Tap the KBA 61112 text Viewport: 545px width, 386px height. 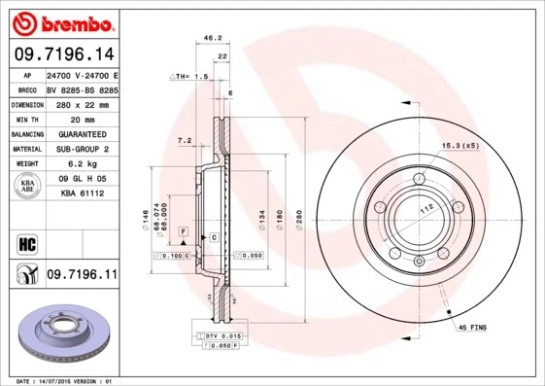82,194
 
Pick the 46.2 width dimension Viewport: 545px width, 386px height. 207,39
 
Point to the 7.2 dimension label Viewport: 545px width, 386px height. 184,141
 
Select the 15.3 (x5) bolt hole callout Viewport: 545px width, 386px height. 461,145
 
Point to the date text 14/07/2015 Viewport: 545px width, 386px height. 57,380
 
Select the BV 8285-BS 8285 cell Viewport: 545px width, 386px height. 83,88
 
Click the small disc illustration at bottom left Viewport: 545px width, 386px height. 60,333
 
